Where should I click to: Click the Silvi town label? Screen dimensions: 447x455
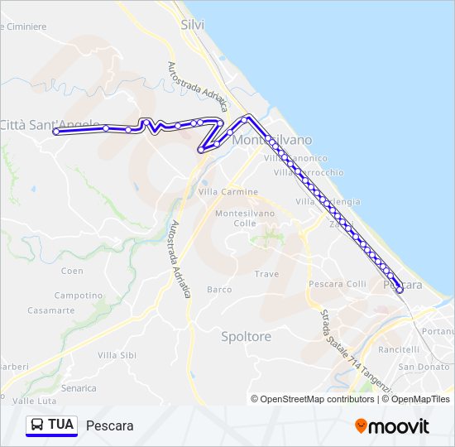pyautogui.click(x=193, y=25)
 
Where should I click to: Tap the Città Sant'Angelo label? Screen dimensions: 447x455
pyautogui.click(x=49, y=125)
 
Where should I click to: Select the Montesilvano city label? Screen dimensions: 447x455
pyautogui.click(x=273, y=141)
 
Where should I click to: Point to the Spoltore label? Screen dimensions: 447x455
pyautogui.click(x=246, y=337)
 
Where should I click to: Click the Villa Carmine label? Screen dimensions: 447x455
pyautogui.click(x=228, y=192)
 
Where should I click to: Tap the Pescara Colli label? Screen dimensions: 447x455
pyautogui.click(x=337, y=284)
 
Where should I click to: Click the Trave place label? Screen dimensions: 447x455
pyautogui.click(x=266, y=274)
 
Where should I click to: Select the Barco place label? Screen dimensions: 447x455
pyautogui.click(x=219, y=290)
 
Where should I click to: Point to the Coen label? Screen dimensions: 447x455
pyautogui.click(x=72, y=271)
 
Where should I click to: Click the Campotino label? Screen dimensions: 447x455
pyautogui.click(x=78, y=296)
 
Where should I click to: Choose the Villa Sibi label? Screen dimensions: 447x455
pyautogui.click(x=117, y=355)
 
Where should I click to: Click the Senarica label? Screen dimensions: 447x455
pyautogui.click(x=79, y=387)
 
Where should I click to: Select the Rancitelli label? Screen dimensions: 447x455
pyautogui.click(x=422, y=350)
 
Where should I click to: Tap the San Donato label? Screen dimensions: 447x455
pyautogui.click(x=424, y=367)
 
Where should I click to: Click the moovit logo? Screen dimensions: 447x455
pyautogui.click(x=392, y=426)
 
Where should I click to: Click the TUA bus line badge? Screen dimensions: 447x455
pyautogui.click(x=51, y=425)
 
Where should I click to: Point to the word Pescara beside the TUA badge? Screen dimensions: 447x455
pyautogui.click(x=109, y=426)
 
